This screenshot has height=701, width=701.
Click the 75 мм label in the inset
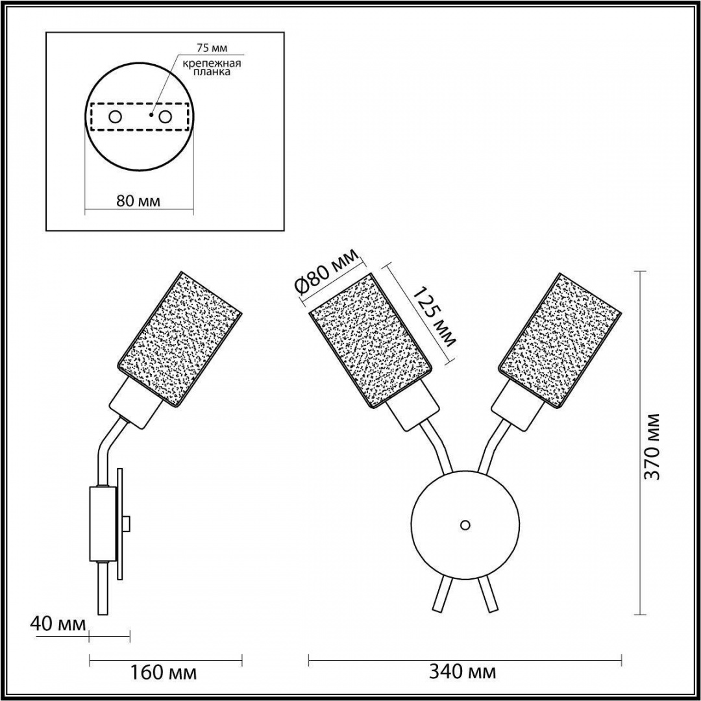click(212, 47)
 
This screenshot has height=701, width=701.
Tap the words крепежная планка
click(212, 67)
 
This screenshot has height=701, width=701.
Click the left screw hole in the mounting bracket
click(115, 117)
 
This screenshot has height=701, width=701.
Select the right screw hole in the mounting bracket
click(166, 117)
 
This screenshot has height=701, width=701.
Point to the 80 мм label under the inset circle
click(138, 201)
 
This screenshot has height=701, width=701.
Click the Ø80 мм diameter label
click(328, 273)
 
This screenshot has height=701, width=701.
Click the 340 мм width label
click(462, 672)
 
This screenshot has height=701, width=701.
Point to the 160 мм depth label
click(163, 672)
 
